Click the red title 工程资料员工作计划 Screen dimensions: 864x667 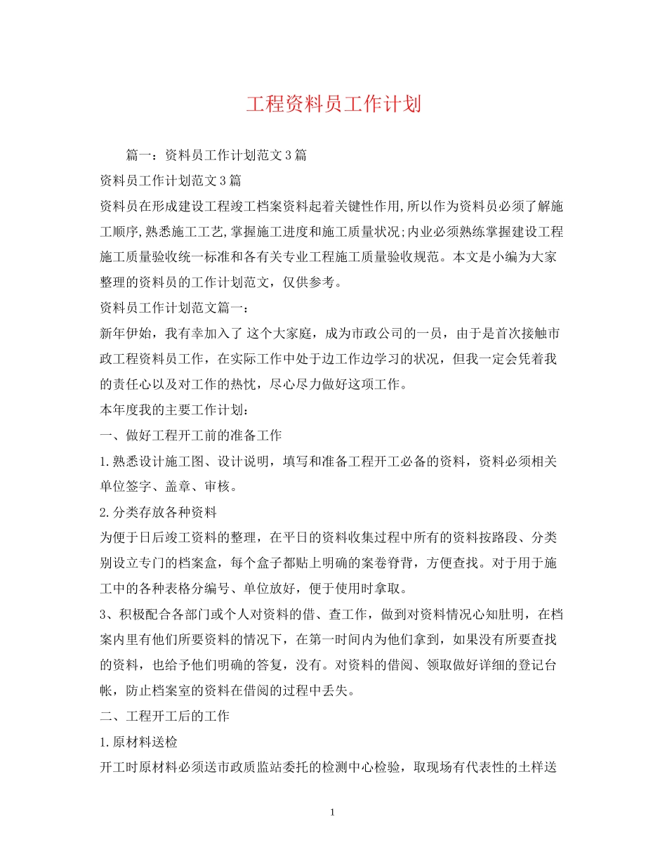(333, 105)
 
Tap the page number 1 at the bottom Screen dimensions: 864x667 (333, 813)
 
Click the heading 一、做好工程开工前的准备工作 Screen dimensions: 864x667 (191, 436)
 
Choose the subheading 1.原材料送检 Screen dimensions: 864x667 (138, 742)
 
